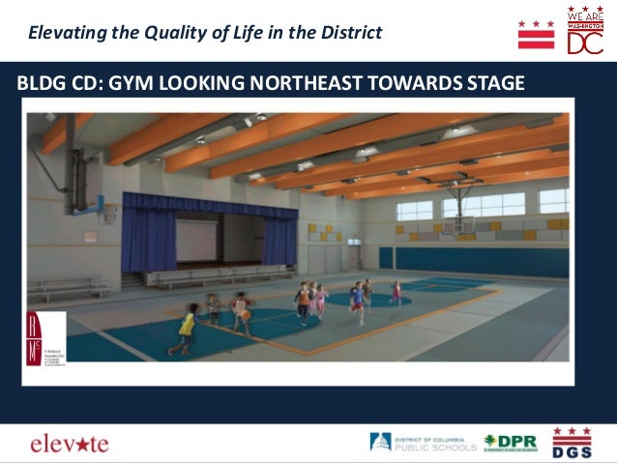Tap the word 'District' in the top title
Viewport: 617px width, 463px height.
click(347, 33)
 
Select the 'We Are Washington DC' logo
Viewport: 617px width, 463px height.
click(586, 33)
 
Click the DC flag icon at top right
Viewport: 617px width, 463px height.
click(536, 34)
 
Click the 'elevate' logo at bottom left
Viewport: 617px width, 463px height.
click(70, 444)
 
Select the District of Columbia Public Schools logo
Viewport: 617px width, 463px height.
click(424, 443)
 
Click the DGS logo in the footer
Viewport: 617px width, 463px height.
click(572, 443)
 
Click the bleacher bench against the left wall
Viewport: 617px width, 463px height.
click(68, 287)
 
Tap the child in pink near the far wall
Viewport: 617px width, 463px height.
click(396, 291)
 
